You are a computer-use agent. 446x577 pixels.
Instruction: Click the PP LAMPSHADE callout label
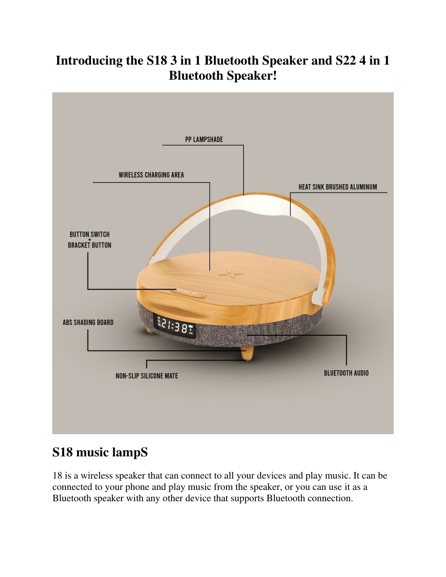(204, 140)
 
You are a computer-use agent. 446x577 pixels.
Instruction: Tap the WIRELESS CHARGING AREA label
(151, 175)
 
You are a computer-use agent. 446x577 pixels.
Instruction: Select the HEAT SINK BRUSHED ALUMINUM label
(338, 187)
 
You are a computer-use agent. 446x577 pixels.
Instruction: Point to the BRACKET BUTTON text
(89, 245)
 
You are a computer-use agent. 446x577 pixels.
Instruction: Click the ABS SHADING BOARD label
(88, 322)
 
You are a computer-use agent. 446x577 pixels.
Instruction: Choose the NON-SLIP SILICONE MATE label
(147, 376)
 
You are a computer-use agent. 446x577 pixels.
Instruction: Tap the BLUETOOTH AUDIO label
(346, 373)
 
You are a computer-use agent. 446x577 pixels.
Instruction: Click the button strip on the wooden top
(188, 293)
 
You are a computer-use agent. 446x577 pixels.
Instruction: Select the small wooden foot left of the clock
(149, 331)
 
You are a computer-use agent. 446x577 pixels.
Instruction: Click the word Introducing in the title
(89, 61)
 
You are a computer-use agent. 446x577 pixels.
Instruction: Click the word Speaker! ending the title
(252, 76)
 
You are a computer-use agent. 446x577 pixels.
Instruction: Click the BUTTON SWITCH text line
(89, 234)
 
